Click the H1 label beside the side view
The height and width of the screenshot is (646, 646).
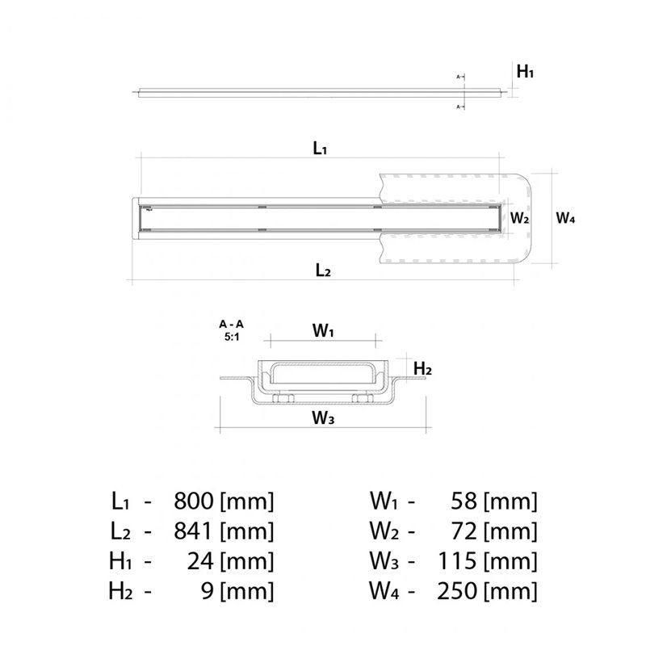click(x=525, y=72)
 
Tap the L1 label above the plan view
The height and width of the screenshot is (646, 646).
click(x=320, y=148)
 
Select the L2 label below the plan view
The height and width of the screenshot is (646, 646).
click(x=323, y=271)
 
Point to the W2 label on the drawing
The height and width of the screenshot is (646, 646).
click(x=519, y=218)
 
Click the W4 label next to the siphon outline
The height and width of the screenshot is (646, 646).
click(x=565, y=218)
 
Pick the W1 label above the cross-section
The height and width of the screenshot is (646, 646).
click(x=323, y=330)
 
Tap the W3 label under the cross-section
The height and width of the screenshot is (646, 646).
click(x=323, y=417)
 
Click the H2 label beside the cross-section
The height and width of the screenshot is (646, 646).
click(x=422, y=369)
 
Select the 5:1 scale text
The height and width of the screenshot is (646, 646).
click(x=232, y=337)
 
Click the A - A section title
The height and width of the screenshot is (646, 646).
click(x=231, y=325)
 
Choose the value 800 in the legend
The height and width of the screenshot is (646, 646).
click(x=194, y=501)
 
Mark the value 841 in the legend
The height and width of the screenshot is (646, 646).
click(x=194, y=531)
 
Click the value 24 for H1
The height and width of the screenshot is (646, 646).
click(x=200, y=561)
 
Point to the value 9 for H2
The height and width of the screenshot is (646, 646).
click(x=208, y=591)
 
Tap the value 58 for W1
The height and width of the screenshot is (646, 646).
click(x=464, y=501)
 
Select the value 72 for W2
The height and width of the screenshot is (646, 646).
click(x=464, y=531)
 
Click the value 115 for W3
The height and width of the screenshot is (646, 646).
click(x=457, y=561)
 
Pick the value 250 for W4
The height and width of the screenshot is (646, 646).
click(x=457, y=591)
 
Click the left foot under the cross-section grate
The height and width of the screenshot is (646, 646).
click(x=283, y=398)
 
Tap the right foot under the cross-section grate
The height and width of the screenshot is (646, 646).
click(x=363, y=398)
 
